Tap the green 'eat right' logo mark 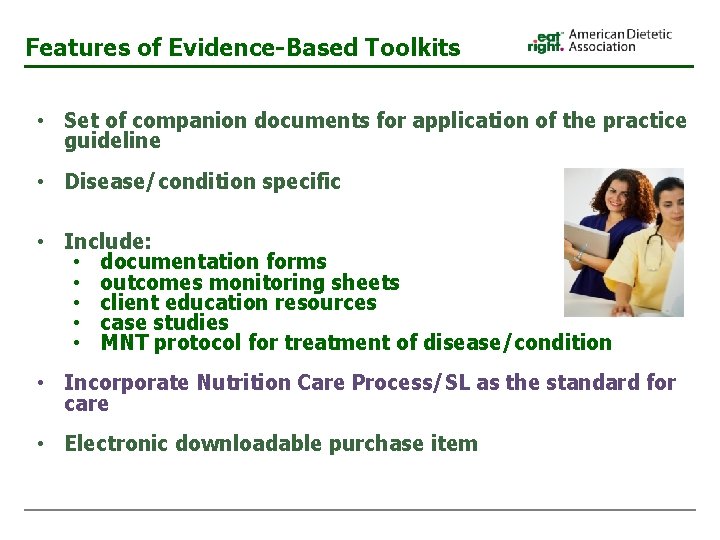pos(546,41)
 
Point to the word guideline pos(112,141)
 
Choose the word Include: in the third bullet pos(108,241)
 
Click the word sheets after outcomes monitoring pos(364,283)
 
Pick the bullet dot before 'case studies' pos(77,323)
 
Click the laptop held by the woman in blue pos(586,240)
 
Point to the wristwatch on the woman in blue pos(578,257)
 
